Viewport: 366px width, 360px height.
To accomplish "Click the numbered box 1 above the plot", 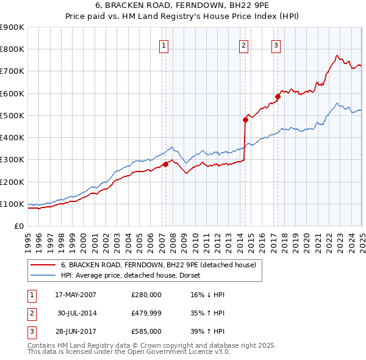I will tap(165, 45).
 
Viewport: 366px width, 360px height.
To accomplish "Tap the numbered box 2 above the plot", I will tap(244, 45).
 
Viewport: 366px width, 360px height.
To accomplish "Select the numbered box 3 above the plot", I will tap(276, 45).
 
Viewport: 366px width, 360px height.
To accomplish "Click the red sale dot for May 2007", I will tap(165, 164).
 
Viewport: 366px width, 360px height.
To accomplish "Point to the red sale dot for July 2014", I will tap(245, 120).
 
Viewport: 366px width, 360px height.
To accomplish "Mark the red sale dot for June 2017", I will tap(278, 96).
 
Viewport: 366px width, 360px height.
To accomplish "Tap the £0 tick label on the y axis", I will tap(18, 226).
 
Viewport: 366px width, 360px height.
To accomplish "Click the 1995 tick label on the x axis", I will tap(28, 241).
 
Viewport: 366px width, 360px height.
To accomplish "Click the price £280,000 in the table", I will tap(146, 295).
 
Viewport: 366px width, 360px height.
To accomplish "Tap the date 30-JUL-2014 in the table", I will tap(77, 314).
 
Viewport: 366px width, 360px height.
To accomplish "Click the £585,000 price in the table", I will tap(146, 332).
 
